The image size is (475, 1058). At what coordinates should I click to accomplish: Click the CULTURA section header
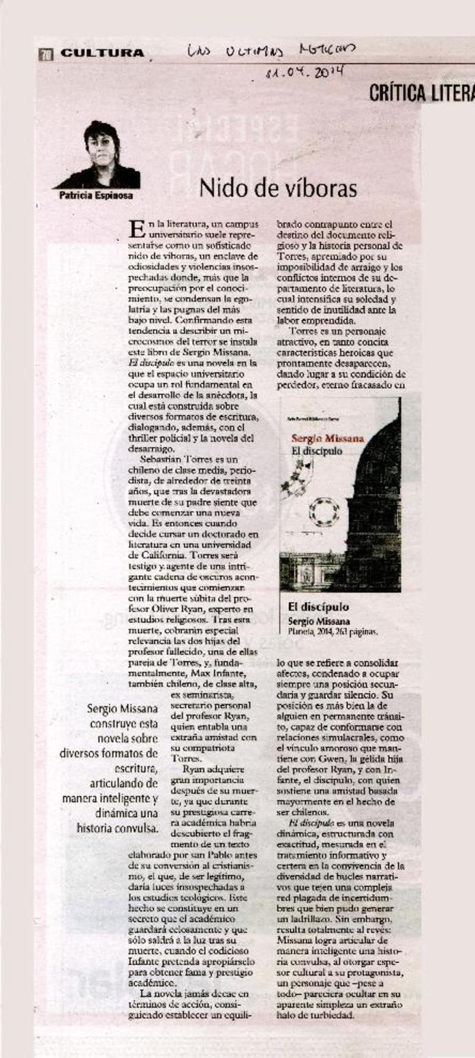pos(102,53)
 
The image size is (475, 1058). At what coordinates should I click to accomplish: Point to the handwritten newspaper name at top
pos(271,51)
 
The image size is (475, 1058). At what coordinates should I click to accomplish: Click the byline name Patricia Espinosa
pos(96,195)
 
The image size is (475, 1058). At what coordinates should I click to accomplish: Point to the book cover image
pos(340,494)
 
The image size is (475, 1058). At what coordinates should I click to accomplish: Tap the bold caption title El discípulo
pos(318,607)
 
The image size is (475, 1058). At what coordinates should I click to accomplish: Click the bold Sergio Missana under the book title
pos(319,621)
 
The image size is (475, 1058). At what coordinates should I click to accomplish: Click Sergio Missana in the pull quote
pos(122,708)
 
